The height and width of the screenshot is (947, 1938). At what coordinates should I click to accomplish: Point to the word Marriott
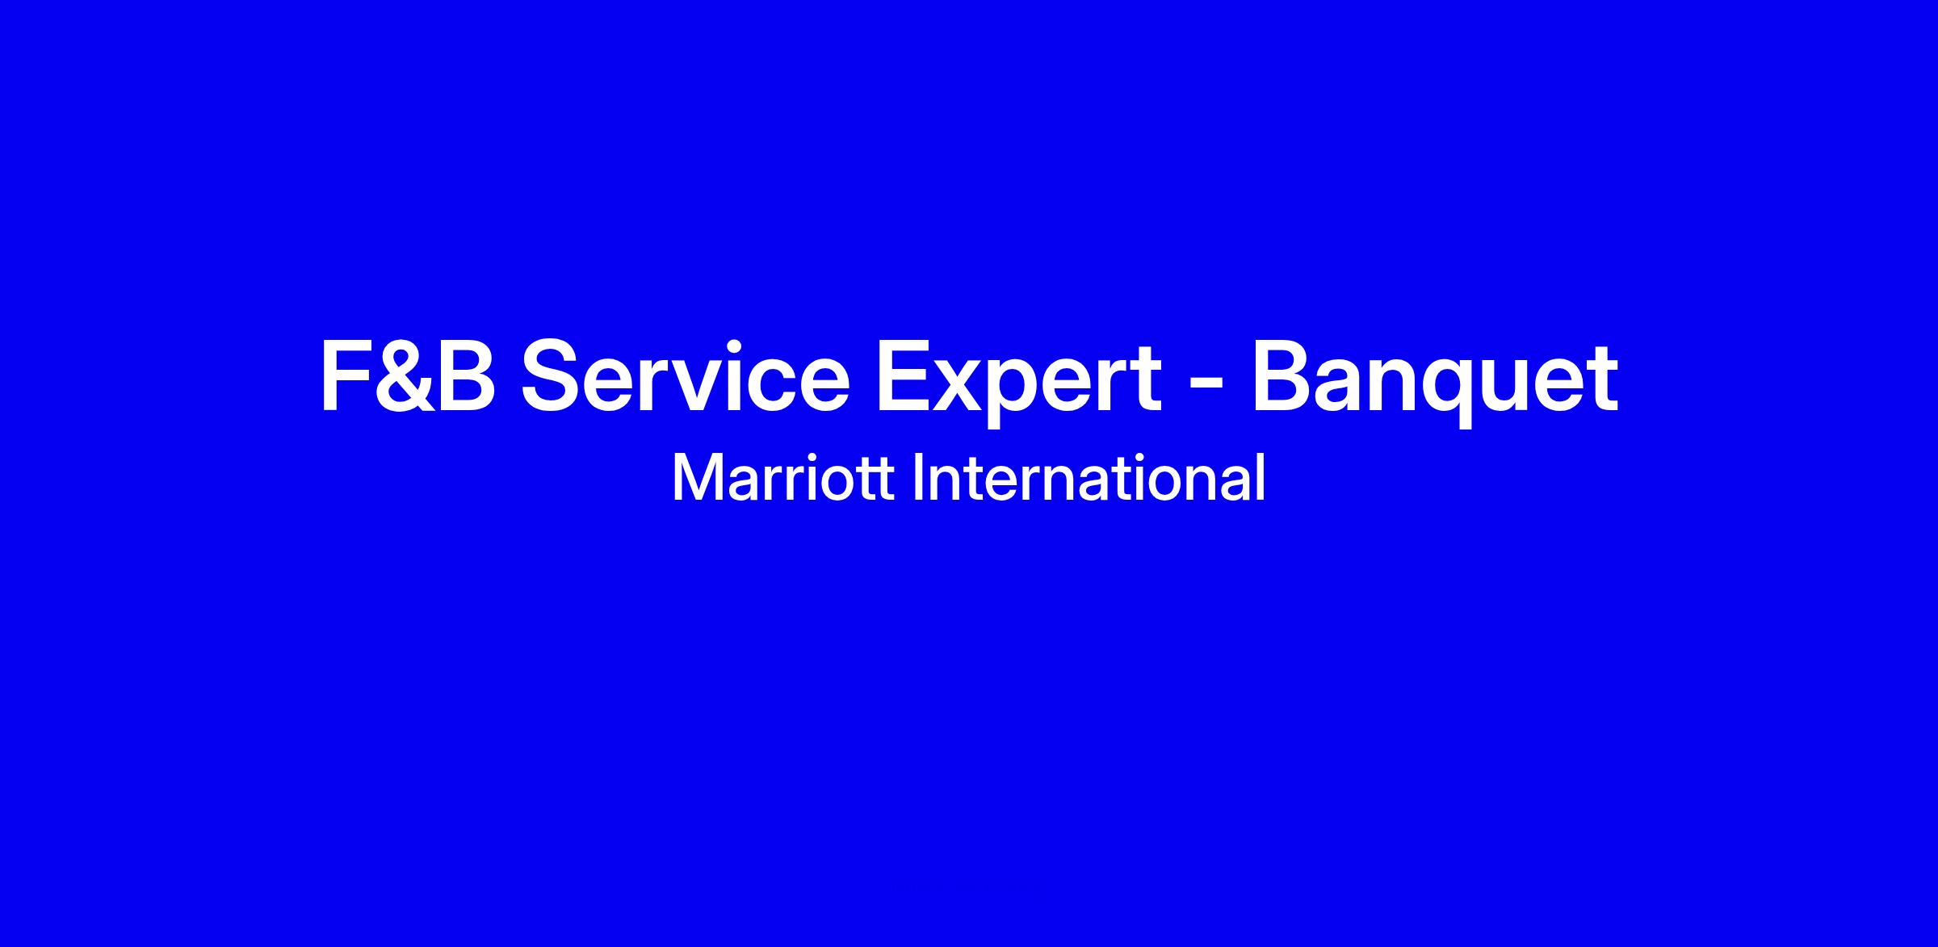coord(782,478)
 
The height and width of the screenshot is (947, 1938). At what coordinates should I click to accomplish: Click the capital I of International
coord(917,478)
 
